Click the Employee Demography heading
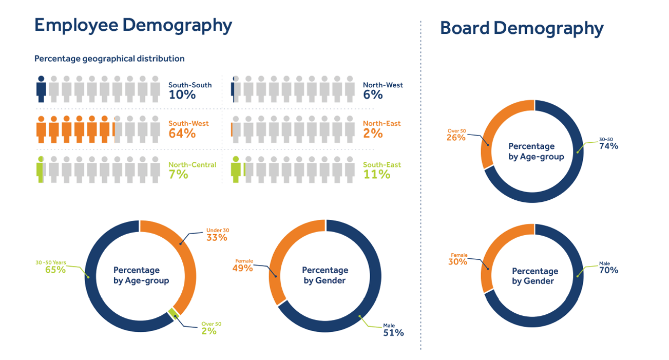[x=133, y=25]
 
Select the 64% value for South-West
[x=182, y=134]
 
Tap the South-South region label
[x=190, y=85]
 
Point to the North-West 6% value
[x=372, y=95]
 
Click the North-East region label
[x=381, y=124]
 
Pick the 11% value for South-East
[x=376, y=175]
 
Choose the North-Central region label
[x=192, y=165]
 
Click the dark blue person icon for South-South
[x=41, y=89]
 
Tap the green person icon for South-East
[x=236, y=169]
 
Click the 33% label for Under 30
[x=216, y=238]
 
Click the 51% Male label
[x=393, y=333]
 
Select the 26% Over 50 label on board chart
[x=455, y=138]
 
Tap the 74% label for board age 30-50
[x=608, y=146]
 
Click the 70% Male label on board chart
[x=608, y=270]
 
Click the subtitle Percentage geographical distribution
[x=109, y=59]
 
